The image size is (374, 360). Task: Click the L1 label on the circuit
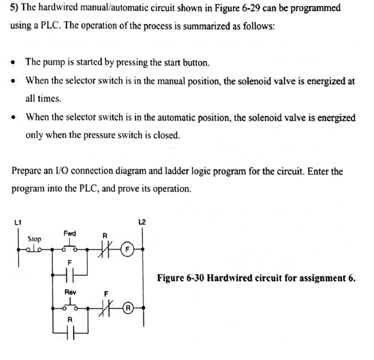(x=17, y=222)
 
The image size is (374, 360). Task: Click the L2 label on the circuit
(x=141, y=222)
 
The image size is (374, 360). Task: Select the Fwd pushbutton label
(x=69, y=233)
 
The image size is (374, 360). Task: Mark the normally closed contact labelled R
(x=105, y=249)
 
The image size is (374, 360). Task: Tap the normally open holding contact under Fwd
(x=70, y=275)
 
